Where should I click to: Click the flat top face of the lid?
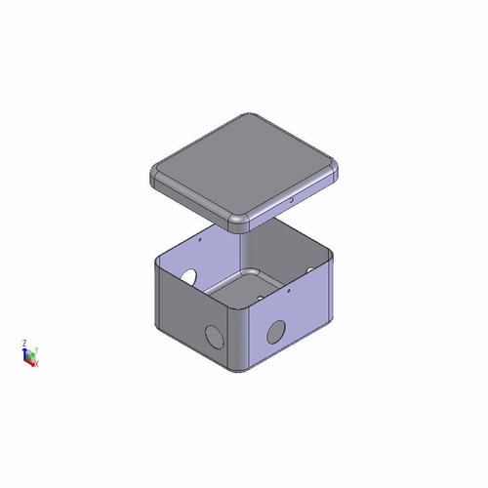coord(244,166)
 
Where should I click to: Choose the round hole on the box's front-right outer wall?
coord(277,331)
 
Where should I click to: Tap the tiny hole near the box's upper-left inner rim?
coord(200,237)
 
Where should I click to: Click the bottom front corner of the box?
coord(237,373)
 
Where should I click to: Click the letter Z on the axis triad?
coord(23,343)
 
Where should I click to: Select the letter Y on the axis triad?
coord(36,348)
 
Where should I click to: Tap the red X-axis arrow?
coord(31,361)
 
